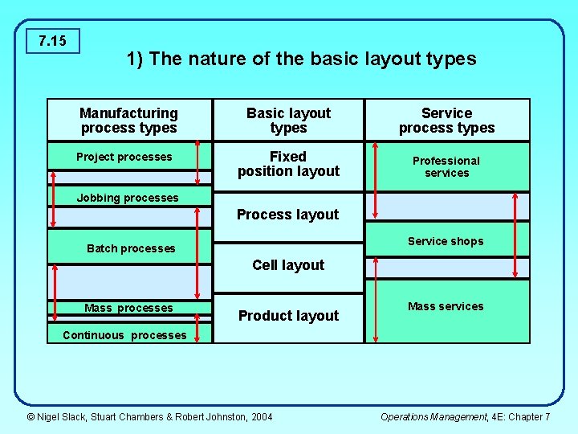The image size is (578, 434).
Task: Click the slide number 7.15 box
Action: point(52,40)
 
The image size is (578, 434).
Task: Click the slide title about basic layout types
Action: point(301,59)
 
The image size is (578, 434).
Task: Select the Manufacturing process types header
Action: point(129,121)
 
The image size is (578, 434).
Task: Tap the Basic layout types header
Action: point(288,121)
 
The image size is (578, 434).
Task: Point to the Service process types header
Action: point(446,121)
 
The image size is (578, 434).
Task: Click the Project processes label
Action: point(124,157)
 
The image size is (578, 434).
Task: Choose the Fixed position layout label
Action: point(288,164)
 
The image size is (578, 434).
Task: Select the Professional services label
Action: point(446,166)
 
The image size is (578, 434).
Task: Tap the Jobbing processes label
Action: point(128,198)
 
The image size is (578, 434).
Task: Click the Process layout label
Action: point(287,215)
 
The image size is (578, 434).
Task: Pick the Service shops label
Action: point(446,241)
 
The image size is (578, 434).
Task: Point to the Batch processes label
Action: point(131,248)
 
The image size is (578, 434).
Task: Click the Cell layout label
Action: point(288,265)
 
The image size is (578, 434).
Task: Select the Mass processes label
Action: point(128,308)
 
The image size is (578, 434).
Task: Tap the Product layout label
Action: point(288,316)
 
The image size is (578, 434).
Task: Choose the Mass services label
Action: point(446,306)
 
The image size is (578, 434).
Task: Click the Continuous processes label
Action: point(124,335)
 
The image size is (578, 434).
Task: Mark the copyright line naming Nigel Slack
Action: point(149,416)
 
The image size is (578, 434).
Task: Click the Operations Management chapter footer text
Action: point(465,416)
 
